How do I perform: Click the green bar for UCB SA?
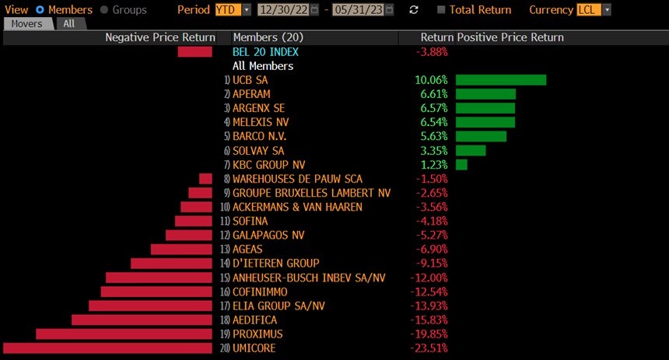(x=500, y=80)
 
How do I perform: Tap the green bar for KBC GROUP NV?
(x=461, y=164)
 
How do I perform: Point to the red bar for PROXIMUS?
(x=124, y=334)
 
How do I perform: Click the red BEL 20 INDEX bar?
(x=194, y=52)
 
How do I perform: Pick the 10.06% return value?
(x=432, y=80)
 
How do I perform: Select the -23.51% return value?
(x=432, y=348)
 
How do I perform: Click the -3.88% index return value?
(x=432, y=52)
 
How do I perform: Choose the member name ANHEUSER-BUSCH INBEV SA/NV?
(x=309, y=278)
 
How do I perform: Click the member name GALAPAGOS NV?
(x=268, y=235)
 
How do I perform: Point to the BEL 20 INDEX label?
(x=265, y=52)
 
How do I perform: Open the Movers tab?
(x=27, y=23)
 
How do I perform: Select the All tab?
(x=69, y=23)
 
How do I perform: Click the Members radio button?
(x=40, y=9)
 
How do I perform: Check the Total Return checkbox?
(x=442, y=9)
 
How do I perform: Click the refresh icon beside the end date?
(x=414, y=9)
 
